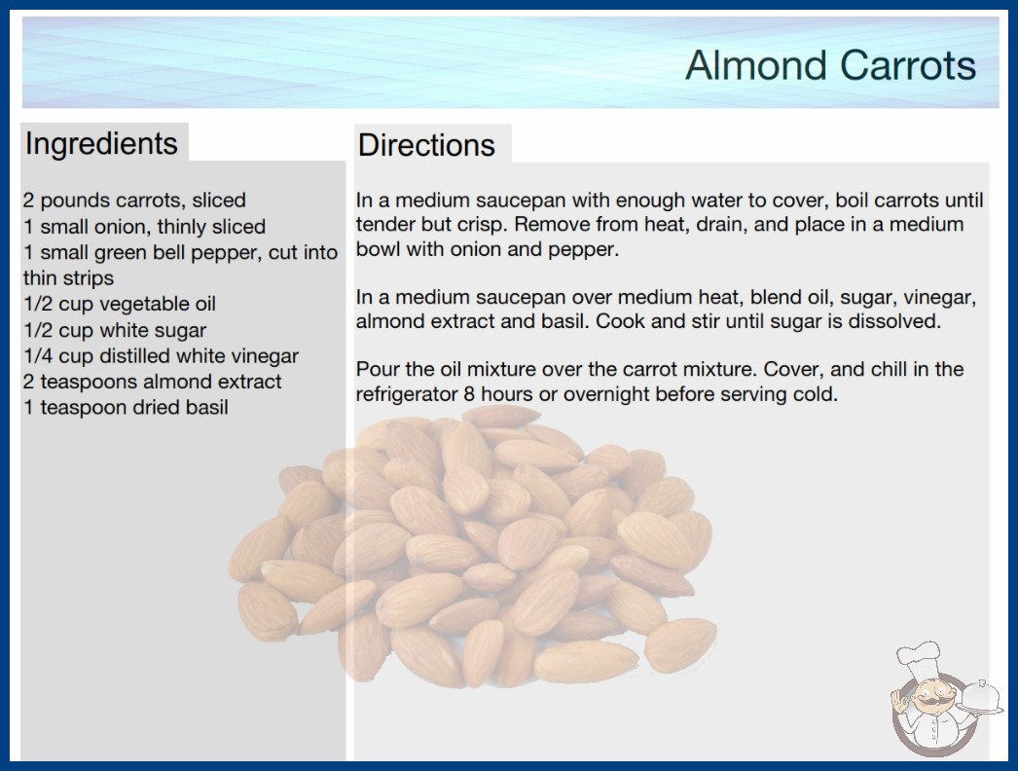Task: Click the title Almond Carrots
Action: pyautogui.click(x=830, y=65)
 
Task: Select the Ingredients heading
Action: pyautogui.click(x=101, y=144)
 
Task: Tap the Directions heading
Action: pyautogui.click(x=426, y=145)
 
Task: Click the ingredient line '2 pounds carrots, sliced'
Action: pyautogui.click(x=134, y=201)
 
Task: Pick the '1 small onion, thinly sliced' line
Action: pyautogui.click(x=144, y=226)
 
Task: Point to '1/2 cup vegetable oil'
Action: pyautogui.click(x=120, y=304)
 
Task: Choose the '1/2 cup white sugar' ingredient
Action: pyautogui.click(x=115, y=330)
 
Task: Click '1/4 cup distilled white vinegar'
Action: pyautogui.click(x=161, y=355)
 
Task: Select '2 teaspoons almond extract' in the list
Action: pyautogui.click(x=152, y=382)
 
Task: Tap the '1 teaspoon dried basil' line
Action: pyautogui.click(x=126, y=407)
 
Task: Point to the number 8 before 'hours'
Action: pyautogui.click(x=469, y=394)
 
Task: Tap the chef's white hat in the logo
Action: pyautogui.click(x=920, y=657)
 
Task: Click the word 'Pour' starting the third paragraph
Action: pyautogui.click(x=378, y=369)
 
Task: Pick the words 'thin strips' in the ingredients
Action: pyautogui.click(x=68, y=278)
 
